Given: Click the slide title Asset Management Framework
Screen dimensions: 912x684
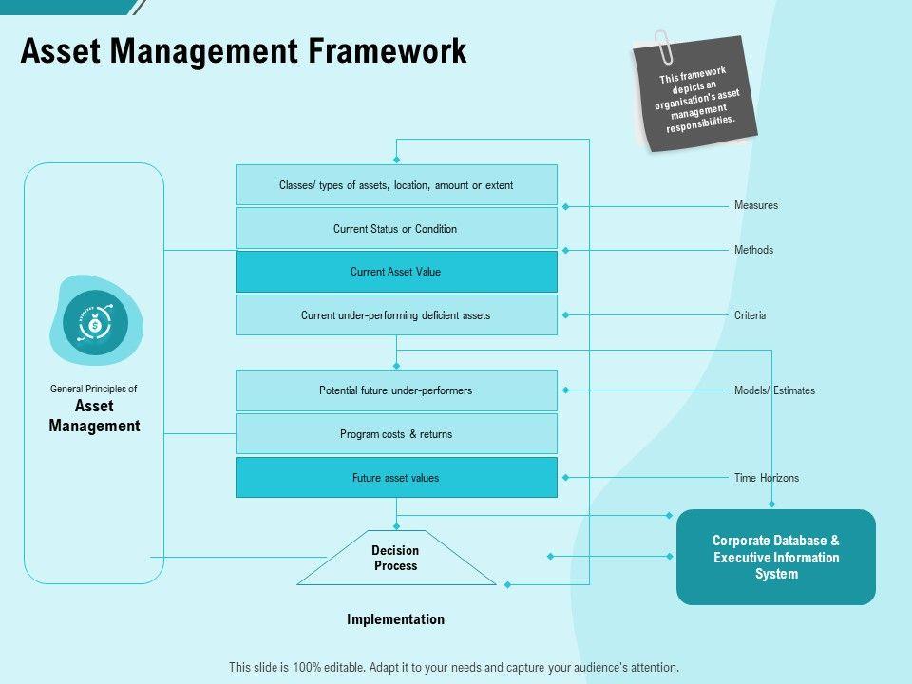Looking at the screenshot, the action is [x=243, y=50].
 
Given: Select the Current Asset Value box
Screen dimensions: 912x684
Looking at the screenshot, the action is [x=396, y=272].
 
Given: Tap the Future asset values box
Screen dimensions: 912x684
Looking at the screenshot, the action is [x=396, y=478].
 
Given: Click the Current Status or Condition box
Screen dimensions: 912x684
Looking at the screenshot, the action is [x=396, y=229].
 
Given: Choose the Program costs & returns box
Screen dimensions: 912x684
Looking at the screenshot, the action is [x=396, y=434].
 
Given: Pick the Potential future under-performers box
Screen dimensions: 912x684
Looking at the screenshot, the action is [x=396, y=390].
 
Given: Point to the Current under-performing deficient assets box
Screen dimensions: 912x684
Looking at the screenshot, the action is [x=396, y=314].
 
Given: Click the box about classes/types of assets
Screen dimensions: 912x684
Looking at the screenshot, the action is [x=396, y=185].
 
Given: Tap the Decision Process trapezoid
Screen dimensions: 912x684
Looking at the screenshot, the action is [x=396, y=558].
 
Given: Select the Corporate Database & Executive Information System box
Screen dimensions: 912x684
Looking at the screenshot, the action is [x=776, y=558].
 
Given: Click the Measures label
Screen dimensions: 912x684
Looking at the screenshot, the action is [x=755, y=205].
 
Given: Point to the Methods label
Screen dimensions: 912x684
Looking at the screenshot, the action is [x=753, y=250].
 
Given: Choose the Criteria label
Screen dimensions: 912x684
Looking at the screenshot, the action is [x=750, y=315].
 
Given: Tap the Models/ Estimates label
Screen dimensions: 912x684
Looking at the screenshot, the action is [x=774, y=390].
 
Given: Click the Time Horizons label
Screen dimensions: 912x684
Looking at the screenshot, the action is [x=766, y=478].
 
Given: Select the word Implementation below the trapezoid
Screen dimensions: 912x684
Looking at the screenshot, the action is [x=395, y=619].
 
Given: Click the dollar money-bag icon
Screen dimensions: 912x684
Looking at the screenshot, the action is [x=95, y=322].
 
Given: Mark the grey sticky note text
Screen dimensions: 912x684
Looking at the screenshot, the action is [x=696, y=100].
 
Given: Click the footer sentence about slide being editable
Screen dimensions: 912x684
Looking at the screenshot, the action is [x=454, y=667].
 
